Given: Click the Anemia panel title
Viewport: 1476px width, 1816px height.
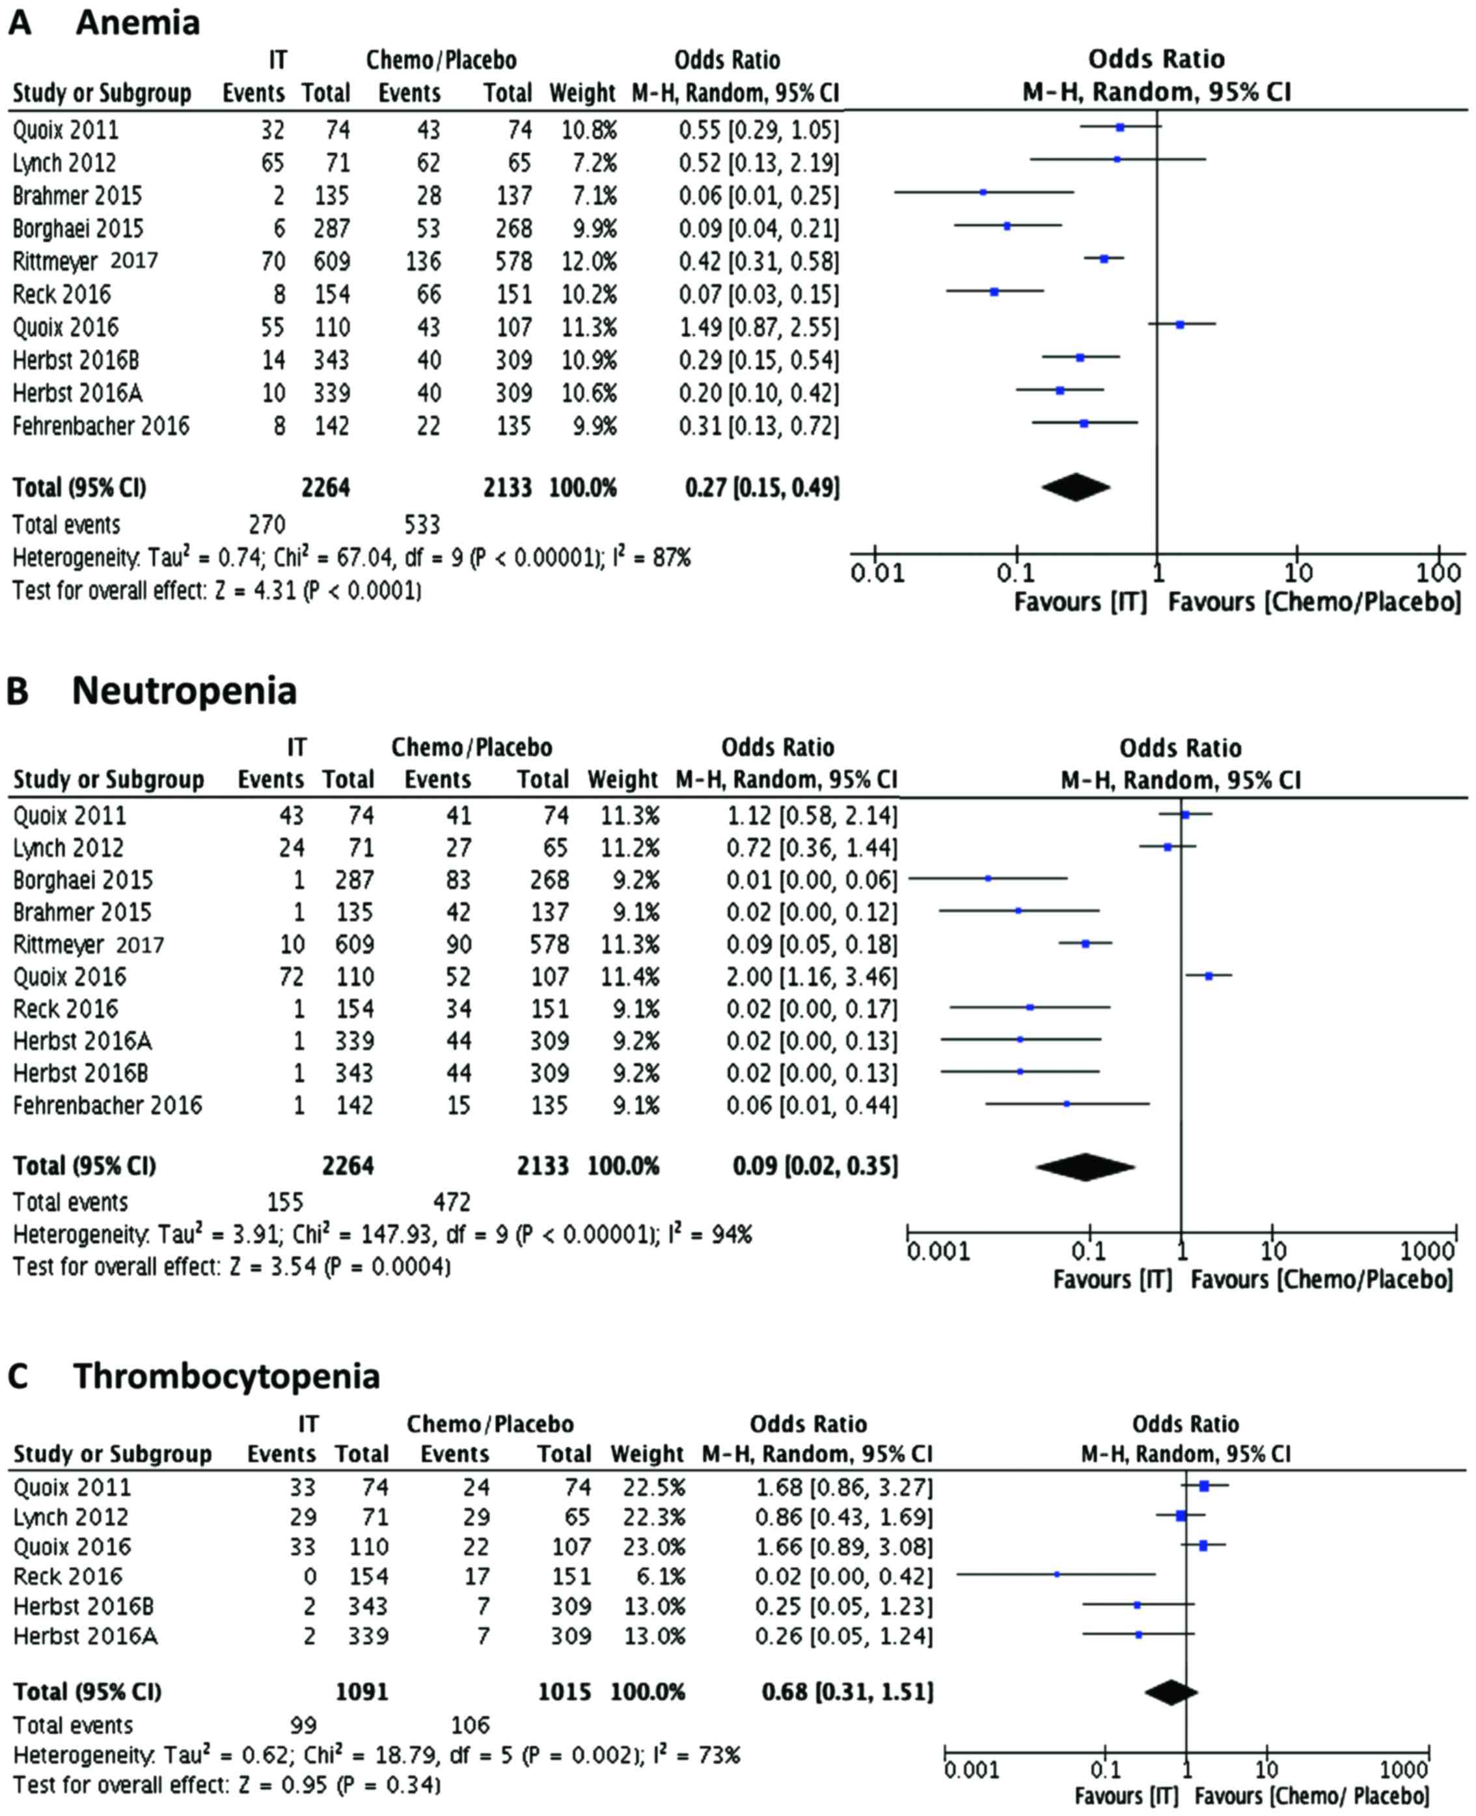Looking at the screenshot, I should pos(138,22).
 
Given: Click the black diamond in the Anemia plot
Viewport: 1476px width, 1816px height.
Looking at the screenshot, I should pos(1076,488).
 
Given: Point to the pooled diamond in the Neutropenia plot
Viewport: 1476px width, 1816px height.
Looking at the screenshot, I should pos(1086,1167).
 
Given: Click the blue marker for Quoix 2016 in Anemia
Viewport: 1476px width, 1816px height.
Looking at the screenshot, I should pos(1180,325).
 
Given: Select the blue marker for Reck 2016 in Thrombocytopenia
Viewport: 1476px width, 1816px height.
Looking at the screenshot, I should pos(1057,1574).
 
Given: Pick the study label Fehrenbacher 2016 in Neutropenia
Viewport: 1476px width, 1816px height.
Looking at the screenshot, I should pos(107,1106).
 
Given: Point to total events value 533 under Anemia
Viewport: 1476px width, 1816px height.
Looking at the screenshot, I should pos(422,524).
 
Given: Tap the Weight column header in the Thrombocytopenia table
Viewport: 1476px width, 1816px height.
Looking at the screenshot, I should pos(647,1454).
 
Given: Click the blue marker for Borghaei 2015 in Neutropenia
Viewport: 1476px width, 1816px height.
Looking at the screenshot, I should pos(988,878).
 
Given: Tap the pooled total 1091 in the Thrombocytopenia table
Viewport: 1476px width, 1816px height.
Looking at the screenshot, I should pos(361,1691).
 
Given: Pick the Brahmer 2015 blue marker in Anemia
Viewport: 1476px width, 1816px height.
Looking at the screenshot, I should pos(983,192).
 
